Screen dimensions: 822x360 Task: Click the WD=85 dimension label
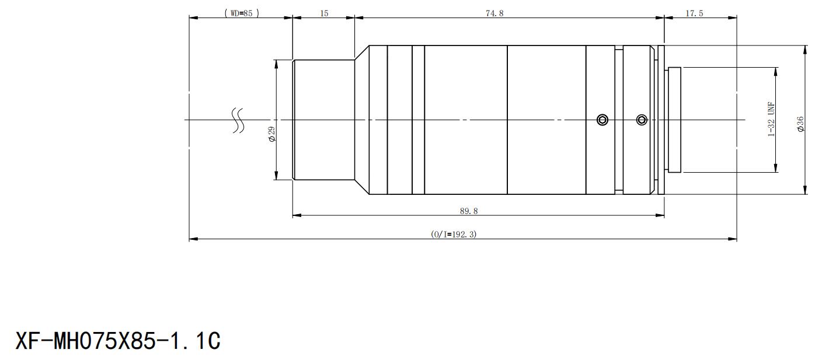242,13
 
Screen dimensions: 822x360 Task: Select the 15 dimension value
324,13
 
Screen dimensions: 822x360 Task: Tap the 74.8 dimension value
494,13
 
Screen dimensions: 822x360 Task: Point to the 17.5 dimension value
694,13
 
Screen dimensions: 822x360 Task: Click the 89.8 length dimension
469,211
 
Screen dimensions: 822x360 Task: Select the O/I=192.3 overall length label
454,234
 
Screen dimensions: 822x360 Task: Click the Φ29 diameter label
272,134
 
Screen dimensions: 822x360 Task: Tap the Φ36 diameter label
800,124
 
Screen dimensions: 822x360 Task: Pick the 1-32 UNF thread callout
771,119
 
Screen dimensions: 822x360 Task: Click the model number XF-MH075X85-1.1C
118,341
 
